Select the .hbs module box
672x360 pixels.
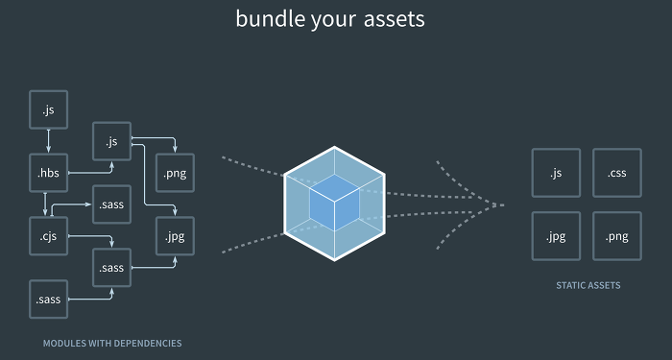click(x=48, y=174)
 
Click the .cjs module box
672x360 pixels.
click(x=48, y=237)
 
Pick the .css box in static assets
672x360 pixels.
click(x=616, y=174)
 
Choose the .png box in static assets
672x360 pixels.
click(x=616, y=236)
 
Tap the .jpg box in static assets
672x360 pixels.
click(x=556, y=236)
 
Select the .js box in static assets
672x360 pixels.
click(x=556, y=174)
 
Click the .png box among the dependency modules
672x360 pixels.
click(x=174, y=174)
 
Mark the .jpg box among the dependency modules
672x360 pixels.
click(x=174, y=236)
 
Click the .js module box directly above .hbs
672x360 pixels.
click(x=48, y=111)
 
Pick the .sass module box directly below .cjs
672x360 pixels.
click(x=48, y=300)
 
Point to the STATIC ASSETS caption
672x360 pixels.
click(x=587, y=285)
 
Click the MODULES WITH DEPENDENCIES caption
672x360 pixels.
click(x=112, y=343)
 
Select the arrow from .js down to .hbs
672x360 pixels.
click(x=48, y=143)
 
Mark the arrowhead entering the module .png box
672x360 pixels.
click(x=174, y=150)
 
